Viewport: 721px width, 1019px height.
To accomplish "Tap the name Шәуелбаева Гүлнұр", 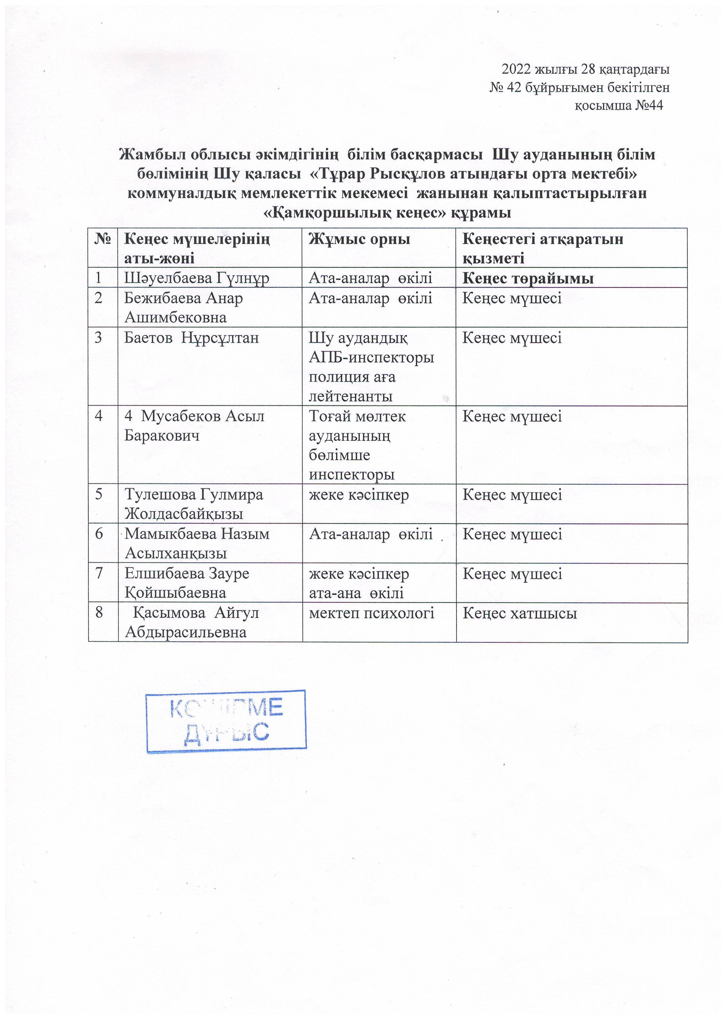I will coord(196,278).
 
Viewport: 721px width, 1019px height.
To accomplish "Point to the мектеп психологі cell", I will coord(371,613).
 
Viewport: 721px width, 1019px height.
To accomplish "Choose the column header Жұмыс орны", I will coord(359,240).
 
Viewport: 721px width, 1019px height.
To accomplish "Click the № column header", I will coord(103,240).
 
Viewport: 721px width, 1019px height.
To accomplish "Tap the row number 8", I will coord(99,613).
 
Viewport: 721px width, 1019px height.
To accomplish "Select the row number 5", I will coord(99,494).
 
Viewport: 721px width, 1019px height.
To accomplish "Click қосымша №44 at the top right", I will coord(619,106).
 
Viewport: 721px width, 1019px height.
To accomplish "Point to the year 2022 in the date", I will coord(516,70).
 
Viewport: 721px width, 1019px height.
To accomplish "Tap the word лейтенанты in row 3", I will coord(351,396).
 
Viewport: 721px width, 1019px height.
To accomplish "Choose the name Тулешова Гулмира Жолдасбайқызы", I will coord(193,504).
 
